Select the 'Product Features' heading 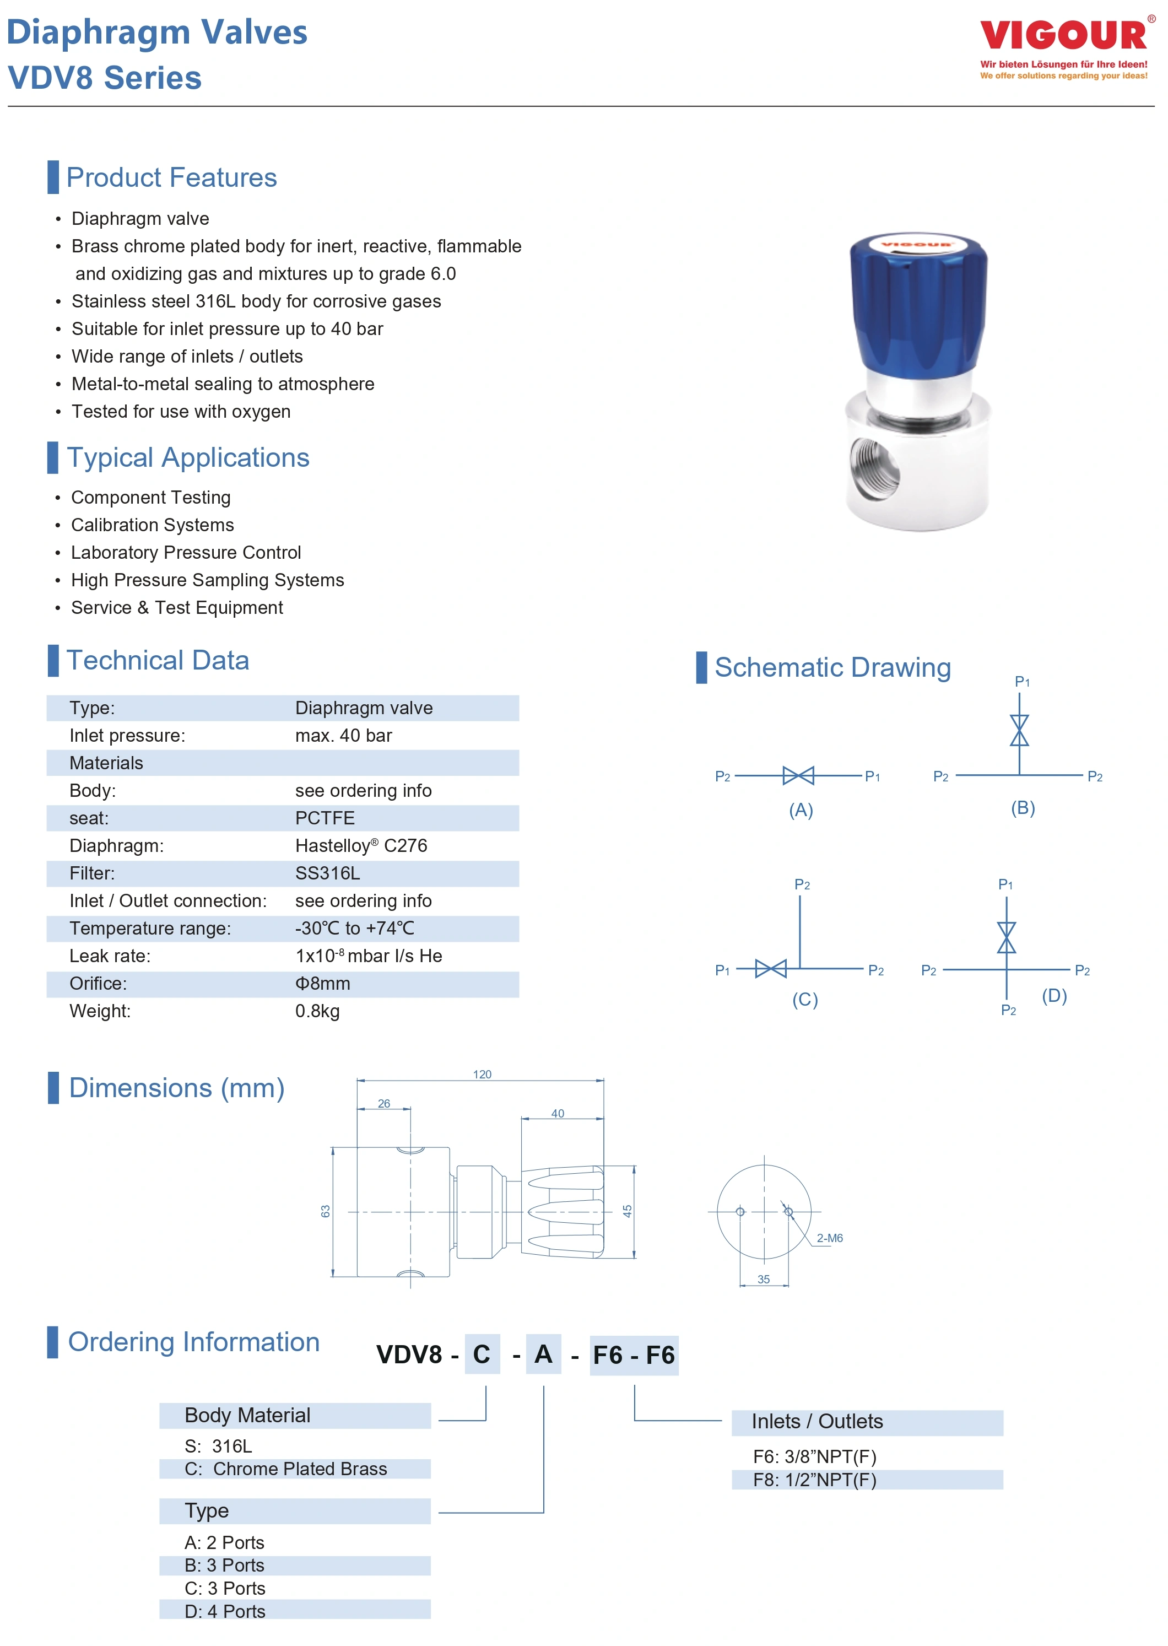[171, 177]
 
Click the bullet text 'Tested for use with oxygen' [181, 412]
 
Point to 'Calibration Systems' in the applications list [153, 525]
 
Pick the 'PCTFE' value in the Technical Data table [325, 818]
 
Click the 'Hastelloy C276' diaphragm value [361, 846]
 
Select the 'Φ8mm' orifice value [323, 984]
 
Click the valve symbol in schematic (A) [798, 775]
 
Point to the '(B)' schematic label [1023, 808]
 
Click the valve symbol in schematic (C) [771, 969]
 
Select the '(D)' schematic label [1055, 996]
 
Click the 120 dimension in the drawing [482, 1075]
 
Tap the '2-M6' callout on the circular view [829, 1238]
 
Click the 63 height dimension [326, 1211]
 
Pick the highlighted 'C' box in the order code [482, 1354]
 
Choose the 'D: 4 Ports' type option [224, 1611]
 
